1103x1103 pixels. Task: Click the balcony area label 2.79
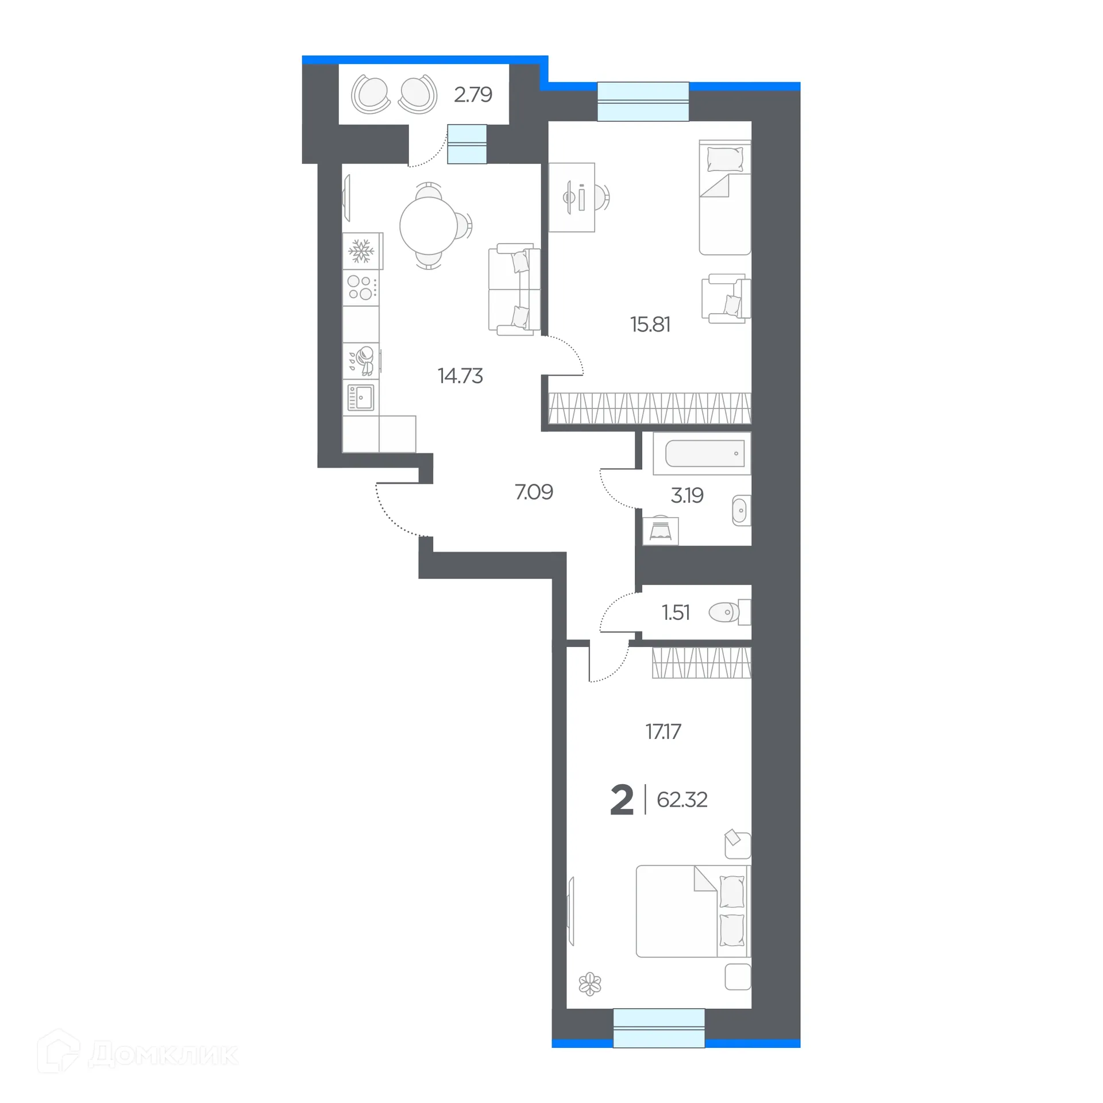[473, 95]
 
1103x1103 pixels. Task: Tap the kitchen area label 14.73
[460, 376]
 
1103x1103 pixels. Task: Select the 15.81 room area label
[650, 325]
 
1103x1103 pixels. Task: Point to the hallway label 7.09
[534, 492]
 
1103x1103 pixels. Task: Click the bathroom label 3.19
[687, 495]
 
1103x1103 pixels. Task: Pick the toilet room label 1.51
[676, 613]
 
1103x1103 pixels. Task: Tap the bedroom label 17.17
[663, 732]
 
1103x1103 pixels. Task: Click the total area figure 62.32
[682, 800]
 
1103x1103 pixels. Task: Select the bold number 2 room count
[622, 800]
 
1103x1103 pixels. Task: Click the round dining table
[428, 226]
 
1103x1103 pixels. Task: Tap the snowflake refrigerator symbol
[361, 251]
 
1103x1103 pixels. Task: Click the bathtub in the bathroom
[704, 454]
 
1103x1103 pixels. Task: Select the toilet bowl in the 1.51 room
[724, 612]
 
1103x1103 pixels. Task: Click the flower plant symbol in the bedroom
[590, 984]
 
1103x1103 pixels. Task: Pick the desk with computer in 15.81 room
[572, 198]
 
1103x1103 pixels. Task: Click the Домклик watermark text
[163, 1055]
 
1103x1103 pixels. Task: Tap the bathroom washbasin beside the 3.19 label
[740, 510]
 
